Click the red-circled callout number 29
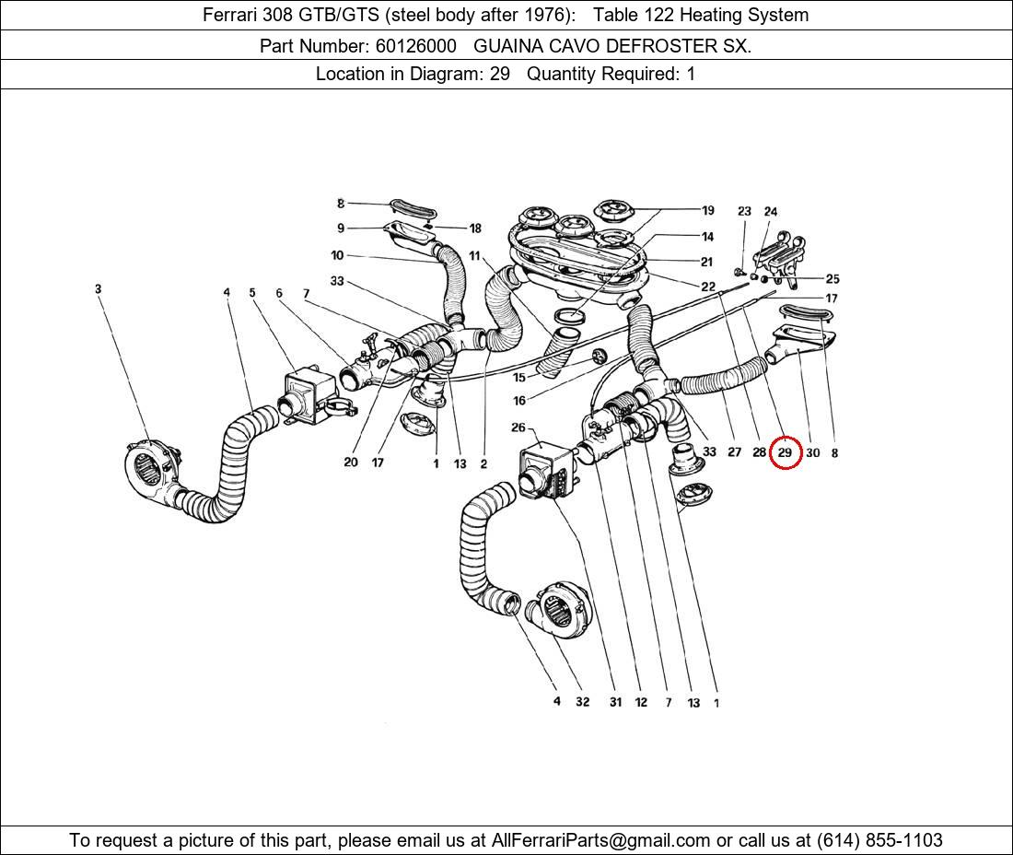[785, 452]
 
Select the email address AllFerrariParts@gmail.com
[601, 840]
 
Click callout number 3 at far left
[98, 289]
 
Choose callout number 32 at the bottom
[582, 702]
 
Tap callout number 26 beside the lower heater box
[518, 427]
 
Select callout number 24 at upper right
[771, 212]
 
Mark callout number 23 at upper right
[744, 212]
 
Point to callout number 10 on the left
[337, 255]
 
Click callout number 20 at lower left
[350, 463]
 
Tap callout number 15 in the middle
[519, 378]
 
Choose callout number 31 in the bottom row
[615, 702]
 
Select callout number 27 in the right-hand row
[734, 452]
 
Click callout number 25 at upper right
[832, 278]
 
